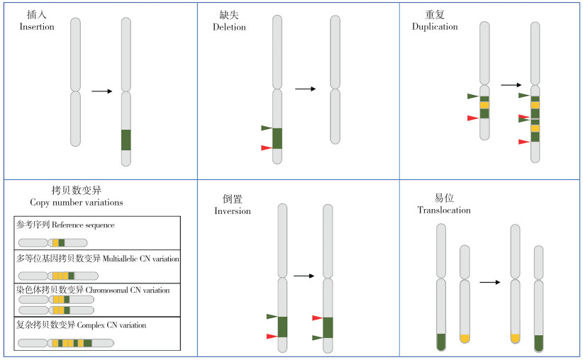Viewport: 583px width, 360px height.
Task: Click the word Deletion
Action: (x=229, y=27)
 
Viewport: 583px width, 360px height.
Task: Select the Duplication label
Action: (x=435, y=26)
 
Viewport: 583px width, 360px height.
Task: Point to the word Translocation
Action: (x=444, y=210)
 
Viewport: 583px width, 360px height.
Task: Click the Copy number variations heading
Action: (x=77, y=203)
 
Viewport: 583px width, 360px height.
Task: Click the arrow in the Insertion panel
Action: (x=102, y=91)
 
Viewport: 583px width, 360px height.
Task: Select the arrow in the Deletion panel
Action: (x=305, y=89)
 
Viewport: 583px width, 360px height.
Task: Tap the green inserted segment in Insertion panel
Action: (x=126, y=140)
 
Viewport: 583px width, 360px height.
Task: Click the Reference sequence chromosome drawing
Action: (x=52, y=242)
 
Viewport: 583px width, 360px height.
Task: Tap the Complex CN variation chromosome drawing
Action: (x=66, y=343)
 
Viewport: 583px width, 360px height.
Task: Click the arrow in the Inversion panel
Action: (x=304, y=276)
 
